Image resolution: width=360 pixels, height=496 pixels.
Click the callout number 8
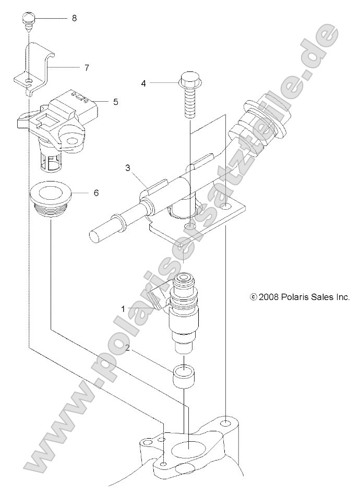pos(74,18)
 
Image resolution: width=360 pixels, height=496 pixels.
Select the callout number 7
pos(87,68)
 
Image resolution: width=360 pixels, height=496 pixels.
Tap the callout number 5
pos(115,102)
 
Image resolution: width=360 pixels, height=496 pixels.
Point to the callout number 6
pos(96,192)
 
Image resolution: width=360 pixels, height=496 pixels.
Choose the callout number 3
pos(127,168)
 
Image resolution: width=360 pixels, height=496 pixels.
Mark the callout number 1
pos(124,309)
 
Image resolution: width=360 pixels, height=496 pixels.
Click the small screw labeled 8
pos(29,21)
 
